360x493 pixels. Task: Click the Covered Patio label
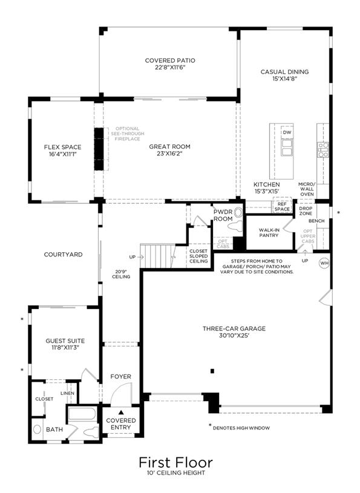click(170, 60)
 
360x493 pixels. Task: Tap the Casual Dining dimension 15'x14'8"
click(285, 79)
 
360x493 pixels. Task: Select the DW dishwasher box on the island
click(287, 132)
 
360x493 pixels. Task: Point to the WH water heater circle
click(324, 263)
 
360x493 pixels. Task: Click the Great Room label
click(169, 146)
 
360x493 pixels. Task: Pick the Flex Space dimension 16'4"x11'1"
click(62, 154)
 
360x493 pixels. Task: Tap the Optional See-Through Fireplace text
click(127, 134)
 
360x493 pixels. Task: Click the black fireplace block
click(99, 149)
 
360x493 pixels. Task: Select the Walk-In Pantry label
click(269, 233)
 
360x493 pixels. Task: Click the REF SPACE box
click(282, 206)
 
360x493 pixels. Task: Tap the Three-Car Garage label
click(234, 328)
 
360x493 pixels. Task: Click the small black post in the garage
click(212, 371)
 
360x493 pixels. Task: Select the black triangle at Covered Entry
click(121, 412)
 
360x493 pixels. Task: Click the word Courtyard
click(63, 254)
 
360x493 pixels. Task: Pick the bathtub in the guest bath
click(82, 414)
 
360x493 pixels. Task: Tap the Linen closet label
click(67, 393)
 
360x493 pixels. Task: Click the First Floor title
click(175, 463)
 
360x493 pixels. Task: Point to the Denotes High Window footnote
click(241, 428)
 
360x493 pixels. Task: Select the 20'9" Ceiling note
click(121, 274)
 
